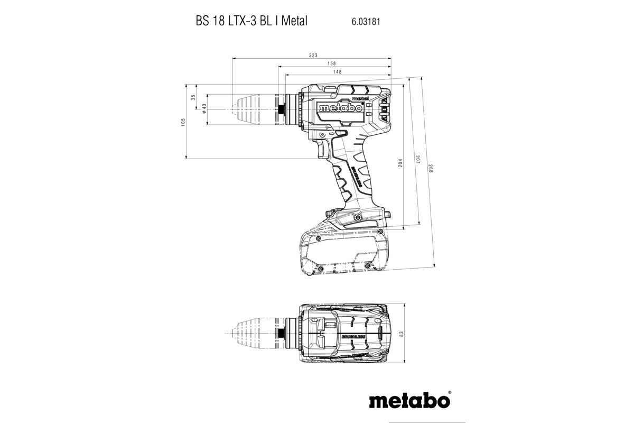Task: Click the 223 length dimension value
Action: point(312,55)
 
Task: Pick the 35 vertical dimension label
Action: point(193,97)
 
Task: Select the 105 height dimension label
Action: point(183,121)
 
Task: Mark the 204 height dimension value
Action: point(400,164)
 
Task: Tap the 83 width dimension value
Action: point(402,334)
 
